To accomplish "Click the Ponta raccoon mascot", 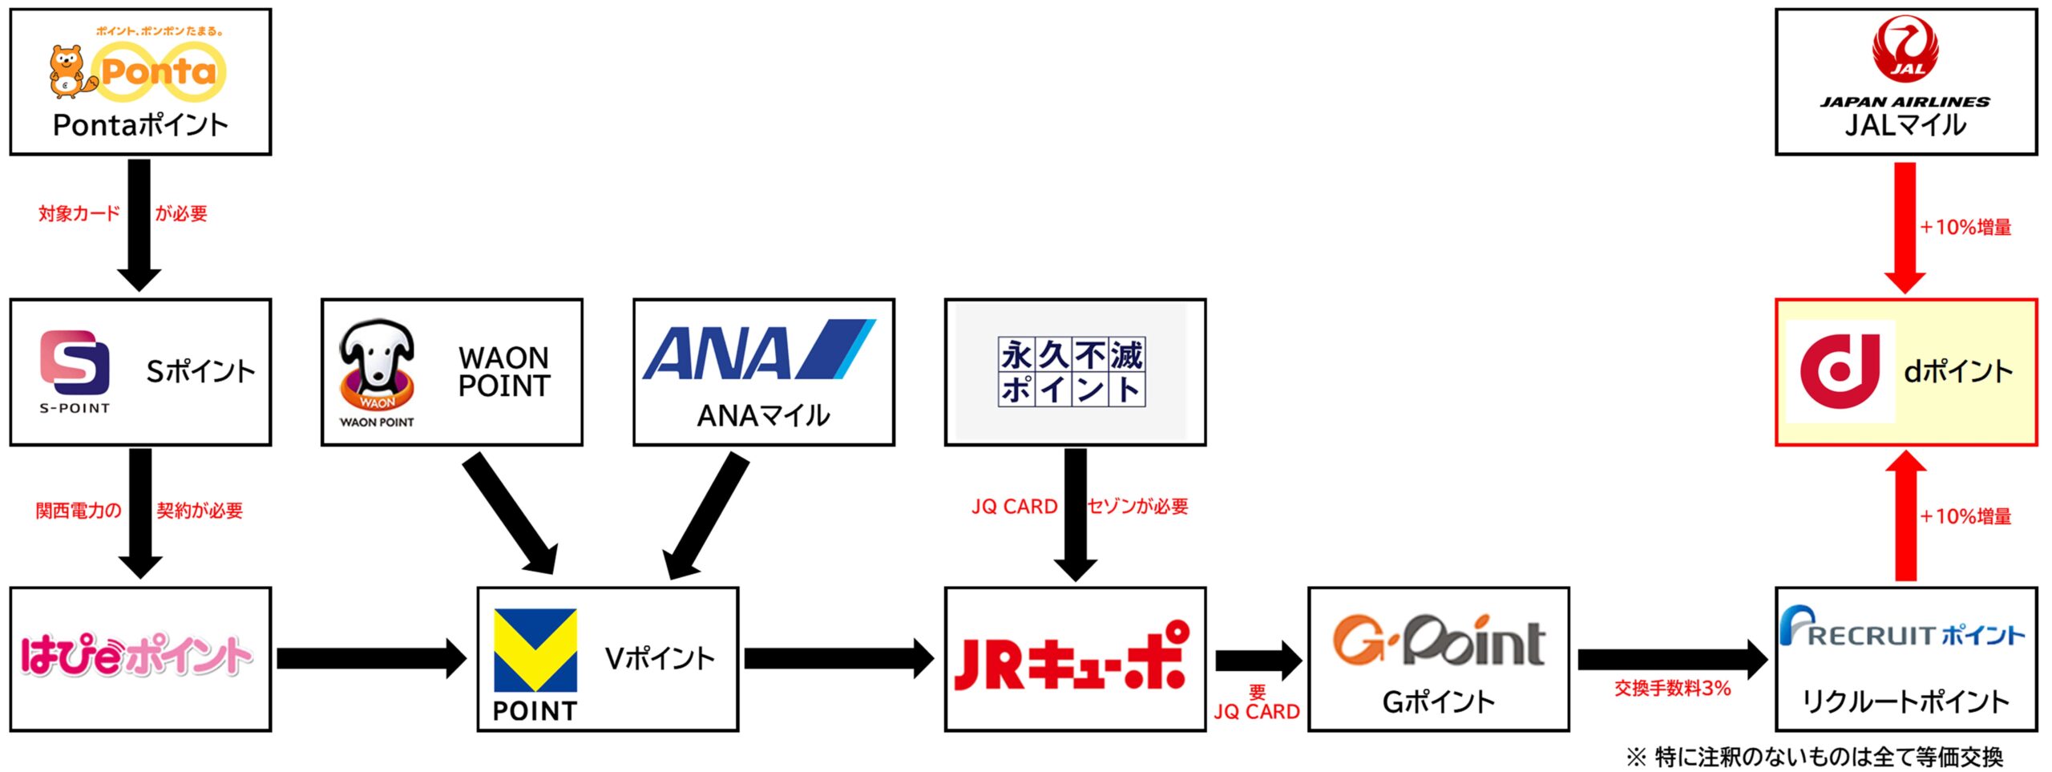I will (67, 71).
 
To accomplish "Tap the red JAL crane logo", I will (1905, 50).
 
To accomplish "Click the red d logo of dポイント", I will (1840, 370).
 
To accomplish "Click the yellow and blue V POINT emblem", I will (535, 650).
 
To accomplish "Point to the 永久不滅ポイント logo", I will (1071, 371).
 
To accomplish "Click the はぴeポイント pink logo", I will (136, 656).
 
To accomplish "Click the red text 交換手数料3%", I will (1672, 688).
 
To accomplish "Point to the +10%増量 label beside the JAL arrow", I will (1965, 227).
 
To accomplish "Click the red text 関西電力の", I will (78, 511).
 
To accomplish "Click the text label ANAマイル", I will (763, 415).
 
